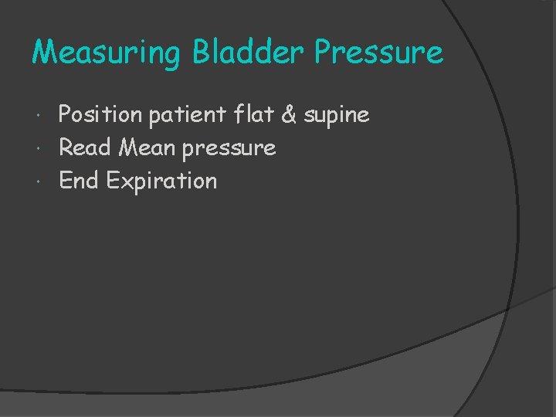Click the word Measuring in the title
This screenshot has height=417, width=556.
tap(107, 53)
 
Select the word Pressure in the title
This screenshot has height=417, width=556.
tap(378, 53)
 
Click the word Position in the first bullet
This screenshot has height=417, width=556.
tap(100, 115)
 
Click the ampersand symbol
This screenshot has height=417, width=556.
tap(289, 115)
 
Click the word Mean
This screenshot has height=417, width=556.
tap(147, 147)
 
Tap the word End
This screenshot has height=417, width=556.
tap(80, 181)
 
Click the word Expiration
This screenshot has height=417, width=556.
tap(161, 181)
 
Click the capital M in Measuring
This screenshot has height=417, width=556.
tap(44, 53)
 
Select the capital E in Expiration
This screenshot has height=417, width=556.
tap(113, 181)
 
